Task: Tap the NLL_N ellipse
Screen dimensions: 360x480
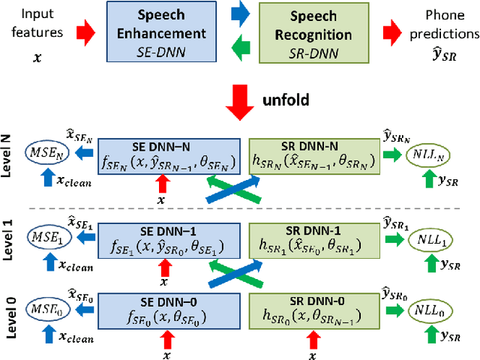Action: (429, 153)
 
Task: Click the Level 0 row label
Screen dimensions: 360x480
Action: (9, 313)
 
